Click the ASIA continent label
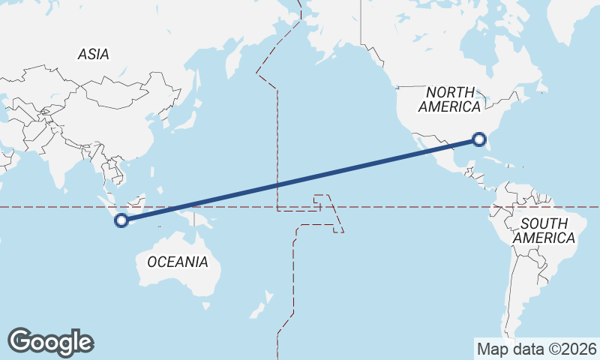94,54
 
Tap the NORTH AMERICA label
450,99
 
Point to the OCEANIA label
177,262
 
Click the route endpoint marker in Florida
480,139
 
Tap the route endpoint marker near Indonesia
121,220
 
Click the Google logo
50,341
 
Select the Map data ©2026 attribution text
536,349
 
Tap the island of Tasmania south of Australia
205,306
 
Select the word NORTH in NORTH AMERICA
450,91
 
